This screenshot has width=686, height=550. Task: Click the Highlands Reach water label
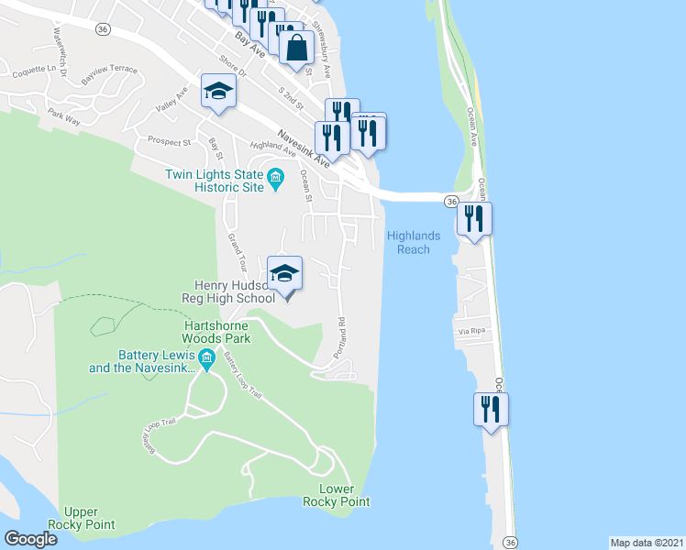(414, 242)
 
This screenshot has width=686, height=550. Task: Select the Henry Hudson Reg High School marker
(285, 273)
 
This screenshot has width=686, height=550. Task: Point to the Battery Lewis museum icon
(206, 357)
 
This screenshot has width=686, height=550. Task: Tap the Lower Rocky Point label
(344, 495)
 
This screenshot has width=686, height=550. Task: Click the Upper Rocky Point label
(89, 518)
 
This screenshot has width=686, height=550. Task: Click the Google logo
(30, 539)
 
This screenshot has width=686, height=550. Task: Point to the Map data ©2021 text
(647, 542)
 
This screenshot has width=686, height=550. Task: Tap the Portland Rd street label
(340, 336)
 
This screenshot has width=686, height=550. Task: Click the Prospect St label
(169, 142)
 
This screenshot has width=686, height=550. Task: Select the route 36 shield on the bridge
(451, 201)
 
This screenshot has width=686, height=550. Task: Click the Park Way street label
(64, 116)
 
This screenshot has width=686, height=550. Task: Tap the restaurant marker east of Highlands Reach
(475, 218)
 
